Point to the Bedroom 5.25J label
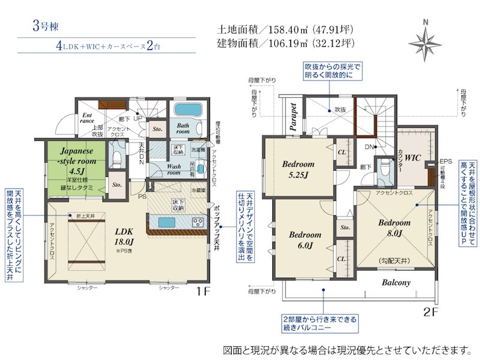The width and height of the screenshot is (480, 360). click(x=298, y=170)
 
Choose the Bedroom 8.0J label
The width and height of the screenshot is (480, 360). click(x=394, y=227)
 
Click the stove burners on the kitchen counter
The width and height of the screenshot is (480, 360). click(x=199, y=222)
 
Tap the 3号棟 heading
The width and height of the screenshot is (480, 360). click(x=46, y=27)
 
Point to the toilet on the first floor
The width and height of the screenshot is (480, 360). click(x=118, y=159)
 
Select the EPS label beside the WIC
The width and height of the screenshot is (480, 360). click(x=445, y=161)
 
